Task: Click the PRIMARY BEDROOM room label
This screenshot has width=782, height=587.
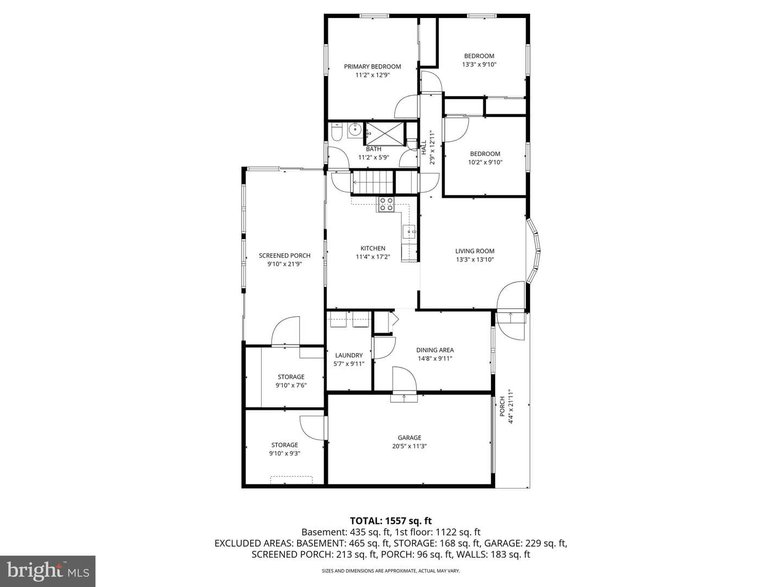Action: pos(373,67)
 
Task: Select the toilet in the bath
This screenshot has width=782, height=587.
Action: pos(336,132)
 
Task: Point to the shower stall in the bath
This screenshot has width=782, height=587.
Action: pos(385,134)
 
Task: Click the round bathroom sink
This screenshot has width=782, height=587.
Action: pos(355,130)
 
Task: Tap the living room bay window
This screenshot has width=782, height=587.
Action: pos(533,251)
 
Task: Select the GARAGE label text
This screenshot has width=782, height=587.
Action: pos(409,438)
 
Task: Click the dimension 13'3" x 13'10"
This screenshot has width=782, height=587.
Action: pos(475,259)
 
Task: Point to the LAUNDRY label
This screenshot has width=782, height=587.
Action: pos(349,355)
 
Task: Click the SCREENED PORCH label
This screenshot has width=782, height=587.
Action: pos(285,255)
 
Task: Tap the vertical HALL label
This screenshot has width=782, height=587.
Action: pos(424,147)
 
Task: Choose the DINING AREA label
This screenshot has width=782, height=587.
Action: pos(435,350)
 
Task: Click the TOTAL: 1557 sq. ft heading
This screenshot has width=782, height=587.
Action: pos(391,521)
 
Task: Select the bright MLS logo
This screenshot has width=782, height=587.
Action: pos(48,571)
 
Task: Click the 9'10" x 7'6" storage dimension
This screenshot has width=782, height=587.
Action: pos(291,385)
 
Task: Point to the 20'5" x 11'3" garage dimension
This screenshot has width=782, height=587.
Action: pos(409,446)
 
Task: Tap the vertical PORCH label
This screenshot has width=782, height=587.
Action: pos(502,407)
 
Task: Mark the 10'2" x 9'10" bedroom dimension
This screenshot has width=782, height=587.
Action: pos(485,162)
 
